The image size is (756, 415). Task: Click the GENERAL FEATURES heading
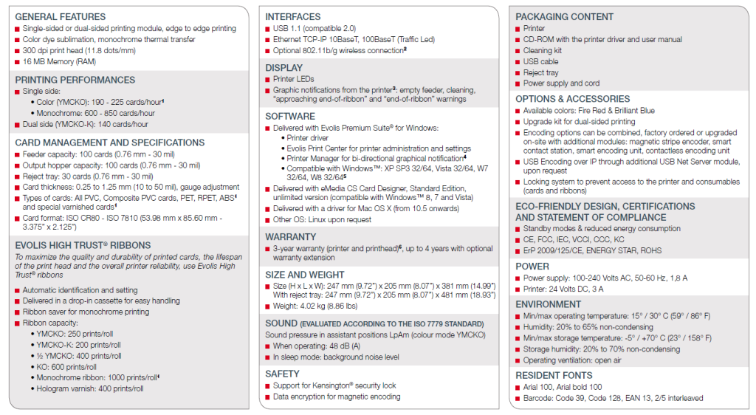60,16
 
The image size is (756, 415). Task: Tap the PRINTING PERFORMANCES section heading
75,80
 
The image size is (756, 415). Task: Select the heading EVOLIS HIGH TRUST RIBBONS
83,245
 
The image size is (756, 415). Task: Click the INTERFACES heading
293,16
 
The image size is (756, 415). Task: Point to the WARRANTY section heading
291,237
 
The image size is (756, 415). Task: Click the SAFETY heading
283,374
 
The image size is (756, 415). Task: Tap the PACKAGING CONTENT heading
564,16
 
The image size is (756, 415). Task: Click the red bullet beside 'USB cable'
518,62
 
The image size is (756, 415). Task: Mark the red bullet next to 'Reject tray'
518,73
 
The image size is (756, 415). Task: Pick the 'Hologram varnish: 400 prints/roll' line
90,388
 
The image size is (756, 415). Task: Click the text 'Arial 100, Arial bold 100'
563,387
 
